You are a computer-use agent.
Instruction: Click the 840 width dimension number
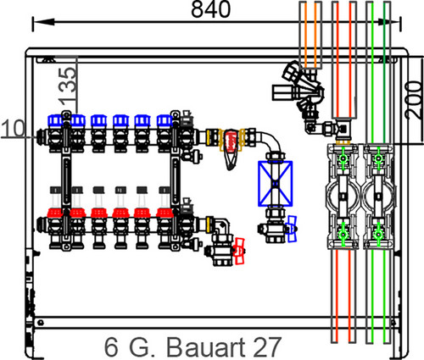[211, 9]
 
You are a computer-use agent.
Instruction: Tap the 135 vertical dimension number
[68, 85]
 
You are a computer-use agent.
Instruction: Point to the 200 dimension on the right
[414, 100]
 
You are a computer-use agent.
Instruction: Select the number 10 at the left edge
[14, 129]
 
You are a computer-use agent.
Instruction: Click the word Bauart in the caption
[202, 347]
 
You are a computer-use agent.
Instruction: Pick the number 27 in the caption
[267, 347]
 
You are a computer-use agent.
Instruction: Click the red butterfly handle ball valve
[239, 251]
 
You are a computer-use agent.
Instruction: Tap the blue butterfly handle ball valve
[292, 229]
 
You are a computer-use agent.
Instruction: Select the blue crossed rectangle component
[276, 184]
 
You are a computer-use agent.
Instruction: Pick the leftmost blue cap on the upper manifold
[55, 120]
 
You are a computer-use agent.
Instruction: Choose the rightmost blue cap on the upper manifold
[165, 120]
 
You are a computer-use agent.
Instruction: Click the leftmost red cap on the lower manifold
[55, 213]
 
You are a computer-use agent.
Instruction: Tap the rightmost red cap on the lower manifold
[165, 213]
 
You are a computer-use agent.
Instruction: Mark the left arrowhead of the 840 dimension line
[43, 22]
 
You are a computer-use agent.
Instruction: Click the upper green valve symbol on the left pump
[343, 158]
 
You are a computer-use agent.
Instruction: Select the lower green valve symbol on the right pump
[378, 234]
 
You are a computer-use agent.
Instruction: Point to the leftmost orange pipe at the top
[306, 34]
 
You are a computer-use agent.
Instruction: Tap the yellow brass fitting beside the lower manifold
[209, 224]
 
